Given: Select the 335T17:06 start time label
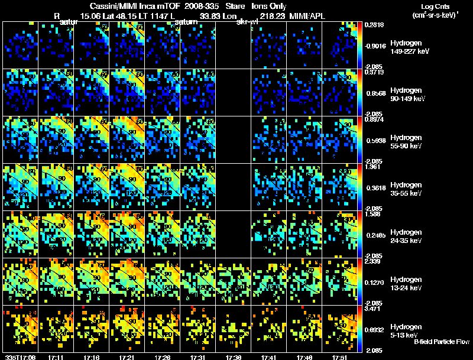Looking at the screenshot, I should [18, 357].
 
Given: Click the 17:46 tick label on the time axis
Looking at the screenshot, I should [307, 357].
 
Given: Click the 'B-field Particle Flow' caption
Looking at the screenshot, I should [442, 342].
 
